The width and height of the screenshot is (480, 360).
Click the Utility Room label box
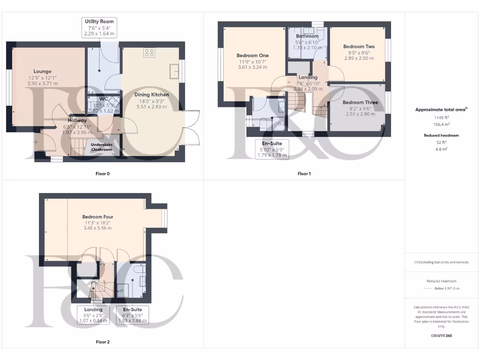point(99,28)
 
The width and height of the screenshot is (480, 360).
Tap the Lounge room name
point(42,71)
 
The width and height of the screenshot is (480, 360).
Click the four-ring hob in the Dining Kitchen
point(150,52)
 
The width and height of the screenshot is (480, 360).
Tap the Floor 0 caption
point(102,173)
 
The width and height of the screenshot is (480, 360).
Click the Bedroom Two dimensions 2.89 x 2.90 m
point(359,58)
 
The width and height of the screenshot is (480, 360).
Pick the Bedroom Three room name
point(360,102)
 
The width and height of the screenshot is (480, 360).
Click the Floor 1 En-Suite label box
point(272,149)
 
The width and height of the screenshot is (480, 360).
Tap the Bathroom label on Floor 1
point(307,36)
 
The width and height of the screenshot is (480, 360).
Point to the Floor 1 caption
point(304,173)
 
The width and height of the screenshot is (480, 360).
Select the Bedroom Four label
point(97,217)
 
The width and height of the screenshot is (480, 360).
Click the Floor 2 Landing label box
point(93,315)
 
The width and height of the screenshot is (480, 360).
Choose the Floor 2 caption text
point(102,342)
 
